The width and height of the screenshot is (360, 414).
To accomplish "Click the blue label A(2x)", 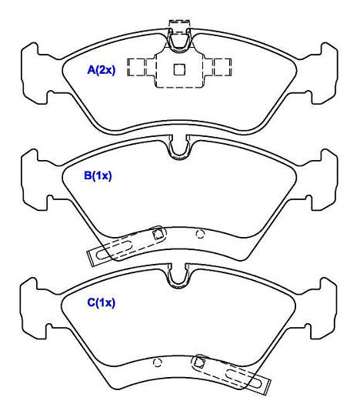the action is (x=102, y=70).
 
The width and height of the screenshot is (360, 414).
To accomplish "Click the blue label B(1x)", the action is (x=98, y=175).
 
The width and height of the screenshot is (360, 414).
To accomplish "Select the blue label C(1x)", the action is (x=102, y=302).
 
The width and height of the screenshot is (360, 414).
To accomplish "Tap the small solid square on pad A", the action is (x=179, y=69).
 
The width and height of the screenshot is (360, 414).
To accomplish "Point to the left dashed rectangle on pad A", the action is (x=136, y=67).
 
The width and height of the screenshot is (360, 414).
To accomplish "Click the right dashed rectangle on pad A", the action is (x=222, y=67).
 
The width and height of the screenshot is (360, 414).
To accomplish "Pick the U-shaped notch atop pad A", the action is (x=179, y=41).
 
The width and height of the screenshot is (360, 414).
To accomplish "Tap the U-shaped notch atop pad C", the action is (x=178, y=276).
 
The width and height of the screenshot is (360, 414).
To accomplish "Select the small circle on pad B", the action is (x=200, y=234).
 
